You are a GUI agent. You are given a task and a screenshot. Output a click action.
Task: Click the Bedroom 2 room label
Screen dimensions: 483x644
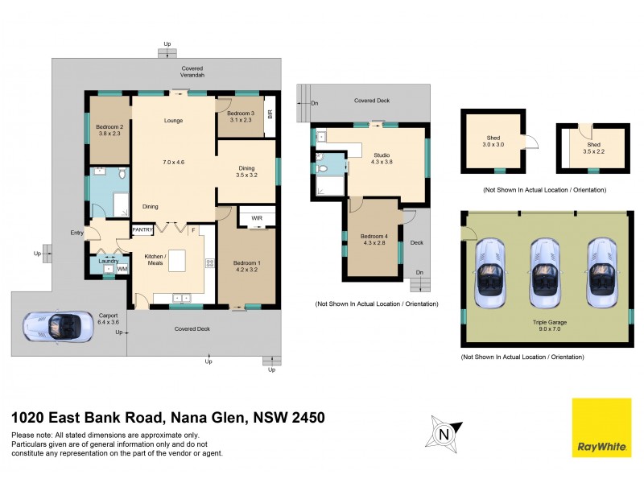[109, 127]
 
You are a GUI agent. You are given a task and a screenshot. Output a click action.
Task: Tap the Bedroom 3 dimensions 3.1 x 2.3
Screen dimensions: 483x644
[242, 121]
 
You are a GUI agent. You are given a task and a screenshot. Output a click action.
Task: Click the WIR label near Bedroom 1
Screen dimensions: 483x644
[258, 217]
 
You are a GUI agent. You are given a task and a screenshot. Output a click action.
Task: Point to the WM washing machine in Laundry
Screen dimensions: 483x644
[122, 269]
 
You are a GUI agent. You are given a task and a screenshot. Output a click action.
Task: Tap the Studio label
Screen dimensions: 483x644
[381, 155]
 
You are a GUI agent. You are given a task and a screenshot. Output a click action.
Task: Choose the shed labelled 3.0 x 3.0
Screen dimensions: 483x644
[493, 142]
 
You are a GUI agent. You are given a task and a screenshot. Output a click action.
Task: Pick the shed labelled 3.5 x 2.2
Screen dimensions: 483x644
[593, 147]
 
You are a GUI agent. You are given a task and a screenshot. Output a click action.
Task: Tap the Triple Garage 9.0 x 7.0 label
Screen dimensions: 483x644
[546, 324]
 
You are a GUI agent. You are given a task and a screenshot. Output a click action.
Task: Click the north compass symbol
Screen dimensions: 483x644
[442, 433]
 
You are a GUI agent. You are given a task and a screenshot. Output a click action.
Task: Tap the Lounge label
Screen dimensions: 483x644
[173, 121]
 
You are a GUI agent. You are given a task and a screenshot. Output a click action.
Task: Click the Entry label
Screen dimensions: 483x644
[76, 233]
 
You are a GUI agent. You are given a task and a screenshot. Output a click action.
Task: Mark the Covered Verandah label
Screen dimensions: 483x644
[192, 71]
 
